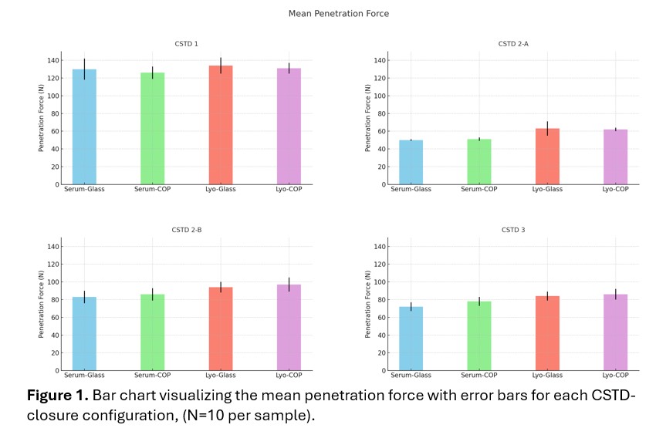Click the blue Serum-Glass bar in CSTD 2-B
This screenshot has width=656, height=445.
click(84, 334)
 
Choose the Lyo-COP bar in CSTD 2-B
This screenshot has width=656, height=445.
click(289, 328)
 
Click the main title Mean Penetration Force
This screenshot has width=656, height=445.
click(328, 14)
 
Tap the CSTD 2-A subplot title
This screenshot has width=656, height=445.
click(513, 43)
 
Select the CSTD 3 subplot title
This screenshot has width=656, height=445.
click(512, 229)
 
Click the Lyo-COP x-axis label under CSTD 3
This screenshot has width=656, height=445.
click(615, 376)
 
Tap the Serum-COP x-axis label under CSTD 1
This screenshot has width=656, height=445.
click(152, 190)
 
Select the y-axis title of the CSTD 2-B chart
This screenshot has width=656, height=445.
click(41, 305)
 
